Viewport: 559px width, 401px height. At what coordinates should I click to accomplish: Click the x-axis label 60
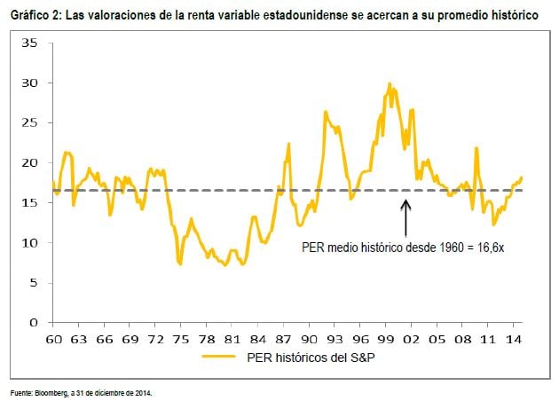(53, 339)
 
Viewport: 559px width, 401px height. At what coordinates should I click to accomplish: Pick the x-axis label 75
(179, 339)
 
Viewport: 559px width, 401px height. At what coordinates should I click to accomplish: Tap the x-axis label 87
(282, 339)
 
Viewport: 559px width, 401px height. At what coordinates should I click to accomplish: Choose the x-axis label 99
(385, 339)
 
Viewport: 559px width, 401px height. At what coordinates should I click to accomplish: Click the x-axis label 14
(513, 339)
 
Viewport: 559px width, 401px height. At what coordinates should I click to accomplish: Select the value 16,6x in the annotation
(486, 248)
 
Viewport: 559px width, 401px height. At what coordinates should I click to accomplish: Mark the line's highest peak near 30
(390, 84)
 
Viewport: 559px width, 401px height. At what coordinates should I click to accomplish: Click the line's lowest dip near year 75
(180, 264)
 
